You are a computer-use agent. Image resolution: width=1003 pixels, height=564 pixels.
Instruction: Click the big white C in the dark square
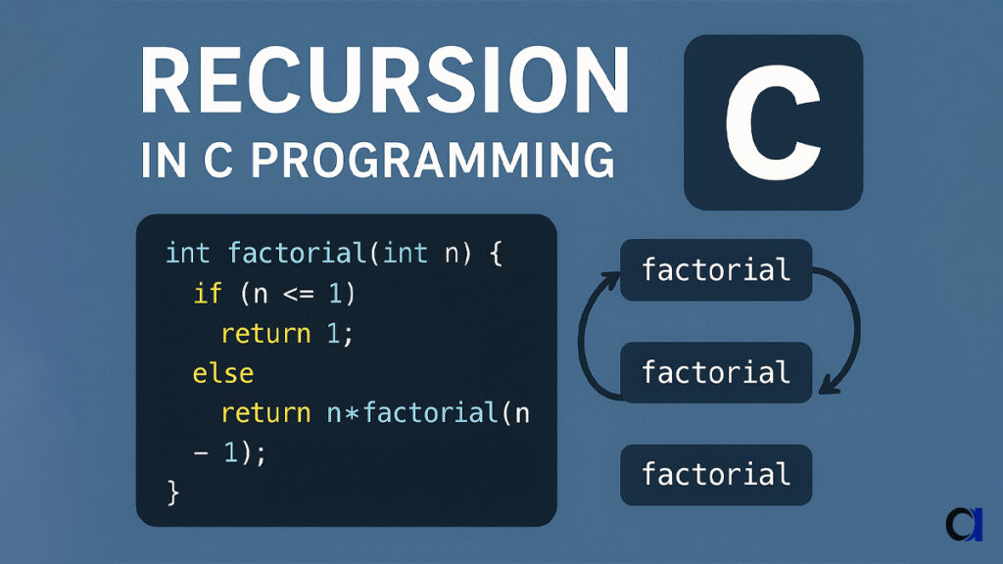(772, 121)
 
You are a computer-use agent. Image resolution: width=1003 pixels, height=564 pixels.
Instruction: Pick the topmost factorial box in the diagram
(716, 269)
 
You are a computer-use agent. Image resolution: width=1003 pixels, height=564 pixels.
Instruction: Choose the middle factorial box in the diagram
(716, 372)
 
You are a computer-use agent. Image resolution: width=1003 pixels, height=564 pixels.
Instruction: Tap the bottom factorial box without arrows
(716, 475)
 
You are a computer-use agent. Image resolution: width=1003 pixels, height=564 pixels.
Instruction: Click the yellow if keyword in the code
(208, 293)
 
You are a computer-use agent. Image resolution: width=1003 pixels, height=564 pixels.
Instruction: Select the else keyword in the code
(222, 373)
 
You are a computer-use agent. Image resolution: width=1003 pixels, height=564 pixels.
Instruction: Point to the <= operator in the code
(300, 293)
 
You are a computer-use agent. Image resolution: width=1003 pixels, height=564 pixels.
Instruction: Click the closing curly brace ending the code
(173, 492)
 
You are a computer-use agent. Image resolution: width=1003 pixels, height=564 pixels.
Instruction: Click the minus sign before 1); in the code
(200, 453)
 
